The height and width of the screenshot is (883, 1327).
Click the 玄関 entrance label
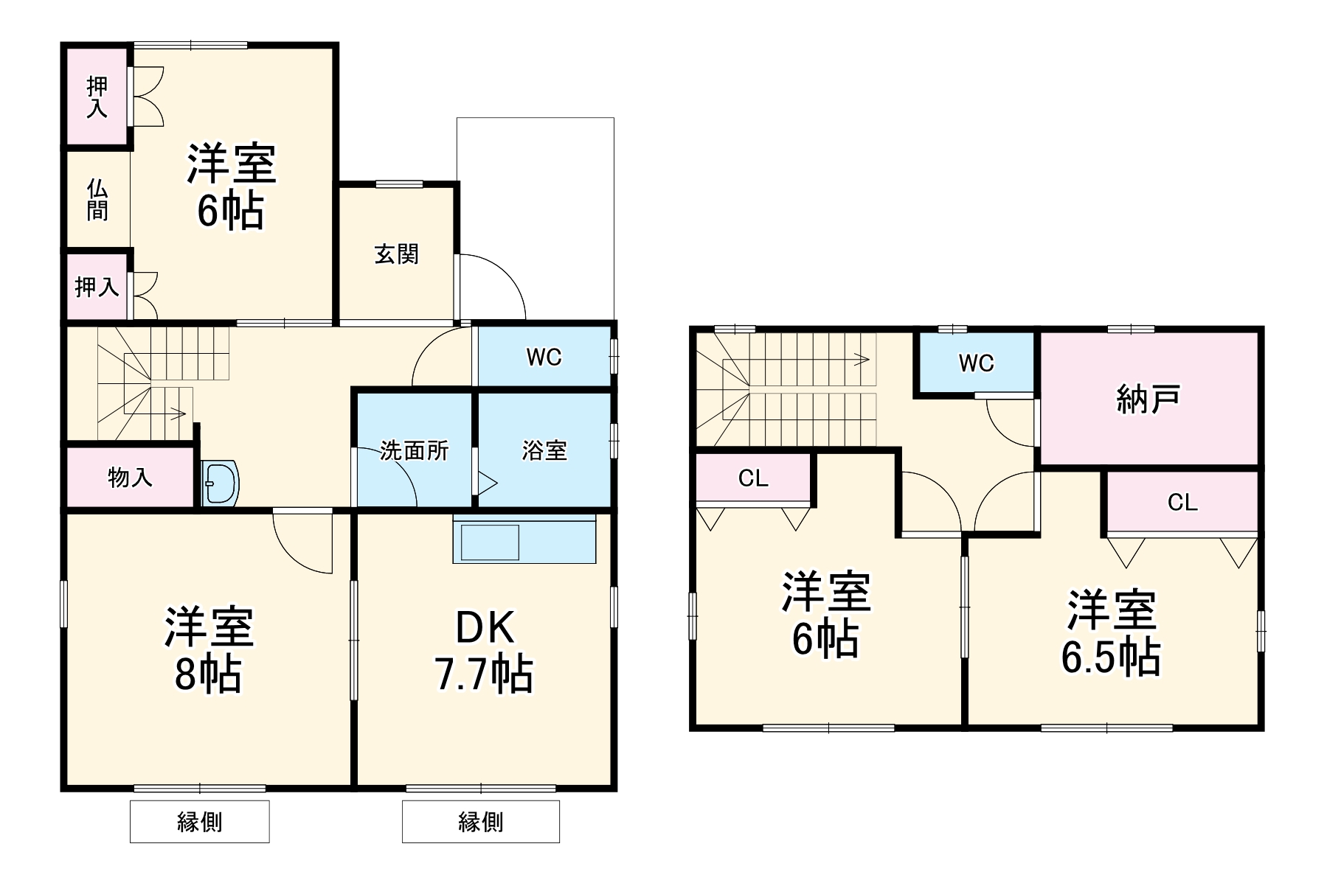(x=397, y=254)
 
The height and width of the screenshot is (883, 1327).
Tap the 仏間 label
(x=97, y=200)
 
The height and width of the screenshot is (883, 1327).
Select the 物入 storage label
(x=131, y=478)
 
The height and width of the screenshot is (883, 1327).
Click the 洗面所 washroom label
(x=415, y=450)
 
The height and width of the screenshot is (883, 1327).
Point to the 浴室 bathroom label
(x=544, y=450)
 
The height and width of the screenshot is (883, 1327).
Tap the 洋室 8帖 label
(x=209, y=649)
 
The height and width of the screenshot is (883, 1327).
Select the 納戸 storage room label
(x=1148, y=399)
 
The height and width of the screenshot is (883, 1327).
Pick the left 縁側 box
(x=199, y=821)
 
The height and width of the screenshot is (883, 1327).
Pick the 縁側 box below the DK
(x=480, y=821)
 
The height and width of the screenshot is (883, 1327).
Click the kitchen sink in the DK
(x=491, y=542)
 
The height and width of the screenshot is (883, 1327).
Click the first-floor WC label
(x=544, y=357)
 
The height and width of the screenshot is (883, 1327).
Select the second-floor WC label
(x=976, y=363)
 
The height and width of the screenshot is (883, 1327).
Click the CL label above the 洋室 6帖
(x=753, y=479)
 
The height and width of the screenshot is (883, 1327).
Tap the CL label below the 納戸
(x=1182, y=503)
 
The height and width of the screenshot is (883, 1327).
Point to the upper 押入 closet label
(x=97, y=97)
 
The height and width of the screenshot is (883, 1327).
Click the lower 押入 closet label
(x=97, y=287)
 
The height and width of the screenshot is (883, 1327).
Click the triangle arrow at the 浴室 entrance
(x=487, y=484)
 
